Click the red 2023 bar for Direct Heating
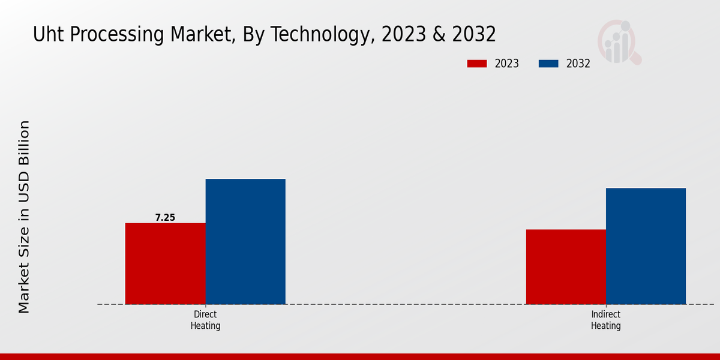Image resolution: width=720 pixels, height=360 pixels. tap(165, 263)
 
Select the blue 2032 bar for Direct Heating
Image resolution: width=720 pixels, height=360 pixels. tap(245, 241)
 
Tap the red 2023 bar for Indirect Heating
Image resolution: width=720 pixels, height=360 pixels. tap(566, 266)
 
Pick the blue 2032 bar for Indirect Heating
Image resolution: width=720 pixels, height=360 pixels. tap(646, 246)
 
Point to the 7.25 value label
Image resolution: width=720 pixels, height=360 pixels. tap(165, 218)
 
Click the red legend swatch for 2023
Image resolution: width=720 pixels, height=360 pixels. tap(477, 64)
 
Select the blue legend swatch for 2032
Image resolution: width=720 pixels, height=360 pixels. tap(548, 64)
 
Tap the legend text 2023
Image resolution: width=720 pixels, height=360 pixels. tap(507, 64)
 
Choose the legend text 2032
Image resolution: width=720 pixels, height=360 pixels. tap(578, 64)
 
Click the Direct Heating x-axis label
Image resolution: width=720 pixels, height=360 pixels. tap(205, 320)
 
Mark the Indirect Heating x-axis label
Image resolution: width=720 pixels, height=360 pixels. tap(605, 320)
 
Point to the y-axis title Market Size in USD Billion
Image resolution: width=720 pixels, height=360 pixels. tap(24, 216)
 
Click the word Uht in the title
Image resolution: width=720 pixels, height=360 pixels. tap(47, 35)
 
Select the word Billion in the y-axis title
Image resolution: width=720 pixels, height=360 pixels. tap(24, 144)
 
